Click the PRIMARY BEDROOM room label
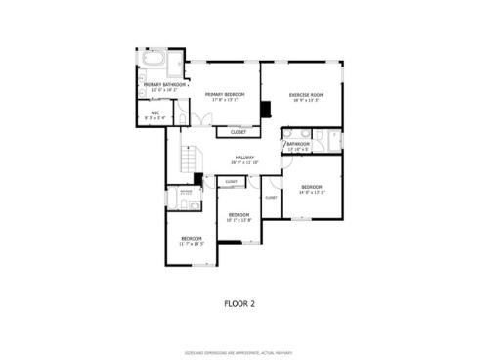224,94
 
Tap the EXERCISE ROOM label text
305,94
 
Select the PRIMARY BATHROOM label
164,85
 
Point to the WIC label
154,112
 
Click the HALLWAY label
243,157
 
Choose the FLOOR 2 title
239,303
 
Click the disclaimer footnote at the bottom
239,351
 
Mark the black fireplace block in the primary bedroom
265,109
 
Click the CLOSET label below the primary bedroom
239,131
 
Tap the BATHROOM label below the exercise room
298,144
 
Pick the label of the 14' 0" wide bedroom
311,186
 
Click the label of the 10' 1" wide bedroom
239,214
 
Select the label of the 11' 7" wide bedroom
191,238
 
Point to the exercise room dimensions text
305,100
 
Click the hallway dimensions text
243,162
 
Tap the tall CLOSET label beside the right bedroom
271,197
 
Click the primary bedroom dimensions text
224,100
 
